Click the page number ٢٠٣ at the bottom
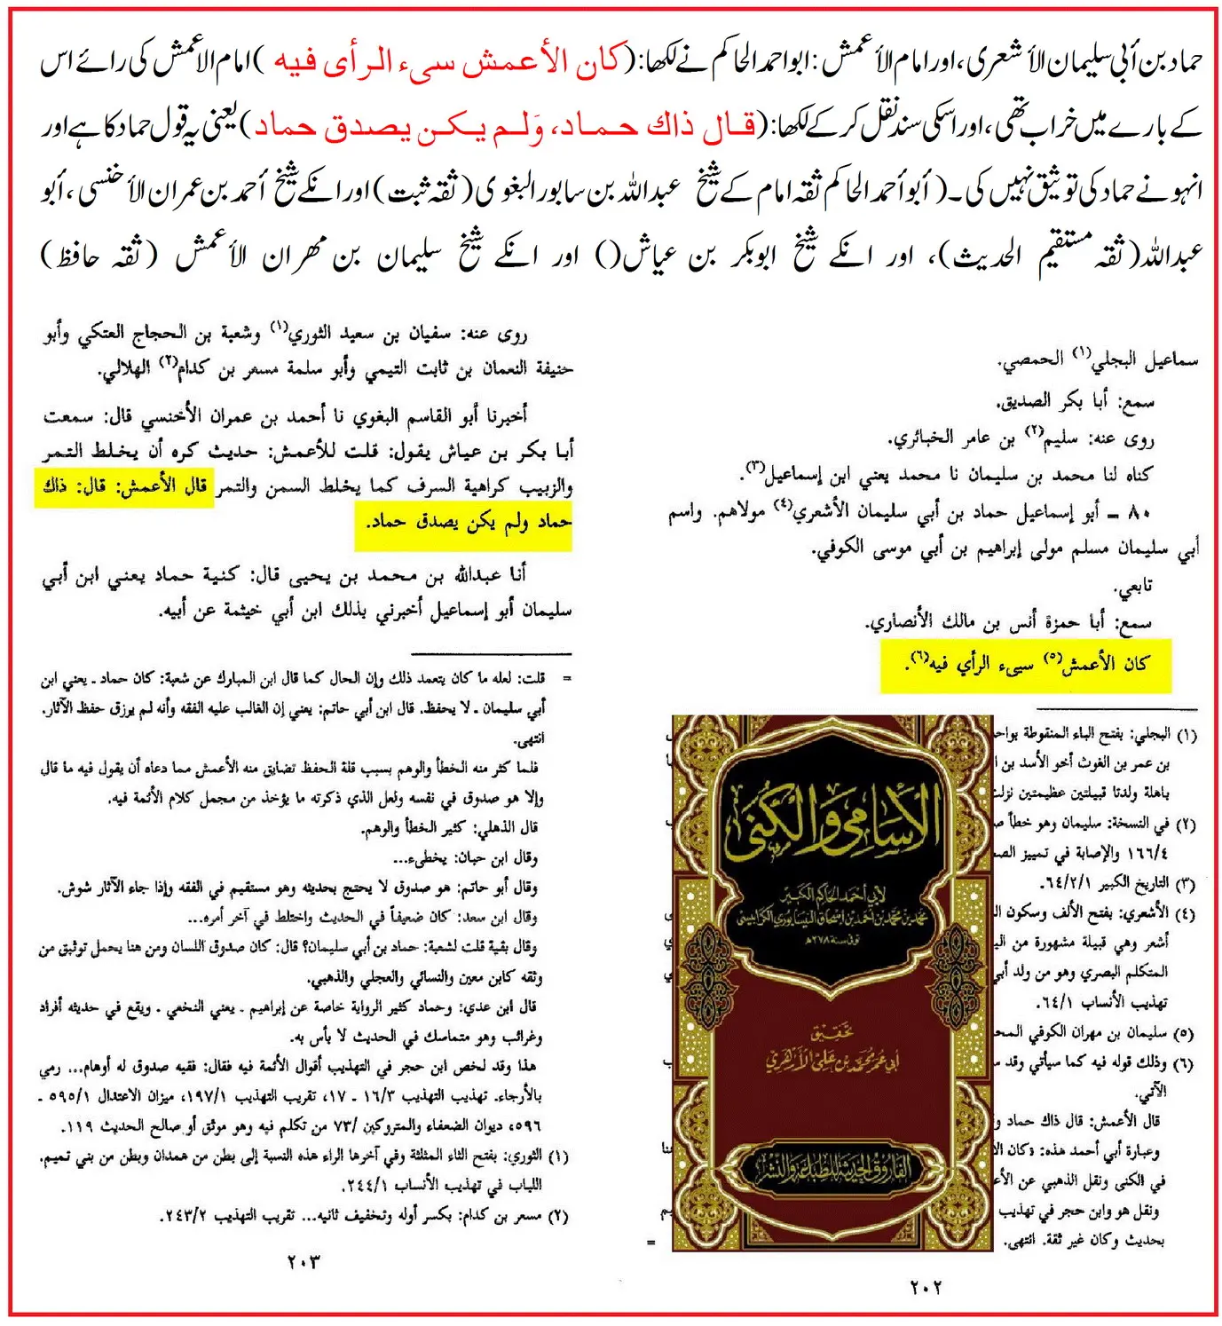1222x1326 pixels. pos(304,1261)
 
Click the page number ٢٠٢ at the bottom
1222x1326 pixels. pos(926,1287)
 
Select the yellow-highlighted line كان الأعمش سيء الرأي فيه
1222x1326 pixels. pos(1026,665)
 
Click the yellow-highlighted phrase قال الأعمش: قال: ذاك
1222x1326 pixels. pos(124,487)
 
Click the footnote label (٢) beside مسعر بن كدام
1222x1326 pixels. pos(557,1217)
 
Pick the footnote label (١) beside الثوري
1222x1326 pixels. pos(557,1157)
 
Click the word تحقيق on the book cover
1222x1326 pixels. pos(832,1031)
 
